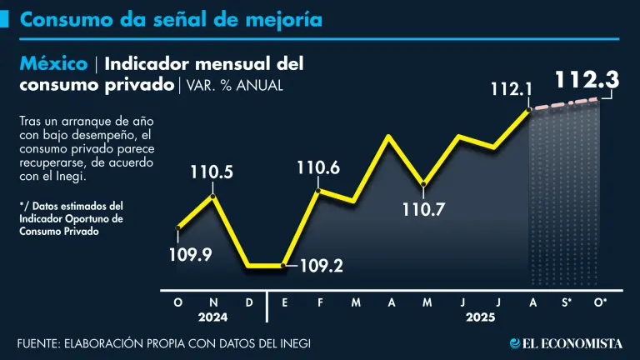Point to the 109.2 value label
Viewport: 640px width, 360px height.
point(320,267)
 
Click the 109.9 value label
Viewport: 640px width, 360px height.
point(191,254)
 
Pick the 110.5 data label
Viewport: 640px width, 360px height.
point(212,173)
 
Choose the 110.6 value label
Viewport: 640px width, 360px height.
point(317,169)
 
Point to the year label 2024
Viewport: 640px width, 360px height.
point(213,317)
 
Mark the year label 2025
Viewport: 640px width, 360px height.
point(480,317)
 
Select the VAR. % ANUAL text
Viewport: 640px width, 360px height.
point(235,85)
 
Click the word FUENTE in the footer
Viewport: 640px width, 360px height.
point(41,343)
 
